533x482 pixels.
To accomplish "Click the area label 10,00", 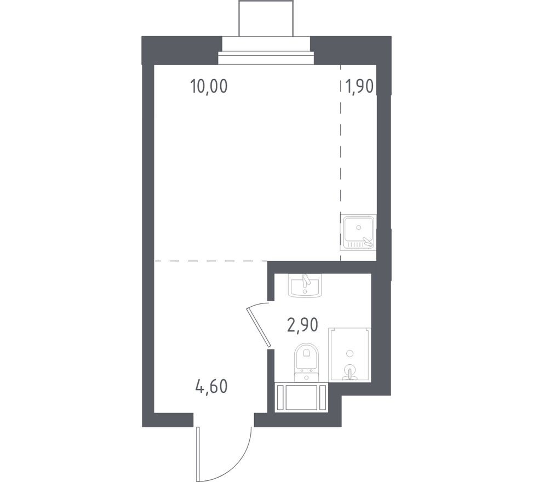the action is click(x=209, y=87).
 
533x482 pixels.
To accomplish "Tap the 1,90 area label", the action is click(x=359, y=86).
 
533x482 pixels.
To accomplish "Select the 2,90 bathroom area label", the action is click(x=303, y=325).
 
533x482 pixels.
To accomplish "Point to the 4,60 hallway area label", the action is click(x=211, y=387).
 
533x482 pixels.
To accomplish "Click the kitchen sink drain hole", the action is click(x=358, y=227).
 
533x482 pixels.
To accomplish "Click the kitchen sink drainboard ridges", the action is click(x=355, y=244).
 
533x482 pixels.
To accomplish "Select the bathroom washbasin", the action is click(x=305, y=285).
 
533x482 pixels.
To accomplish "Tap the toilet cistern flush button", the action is click(x=306, y=377).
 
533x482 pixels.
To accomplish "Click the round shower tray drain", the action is click(x=349, y=353).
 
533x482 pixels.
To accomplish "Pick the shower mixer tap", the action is click(x=349, y=372).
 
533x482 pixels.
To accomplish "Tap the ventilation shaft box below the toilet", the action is click(x=301, y=397).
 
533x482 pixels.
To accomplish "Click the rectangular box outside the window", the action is click(x=266, y=18).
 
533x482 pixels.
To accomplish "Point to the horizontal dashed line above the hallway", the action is click(x=211, y=261).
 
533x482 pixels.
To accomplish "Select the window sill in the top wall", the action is click(x=266, y=58).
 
